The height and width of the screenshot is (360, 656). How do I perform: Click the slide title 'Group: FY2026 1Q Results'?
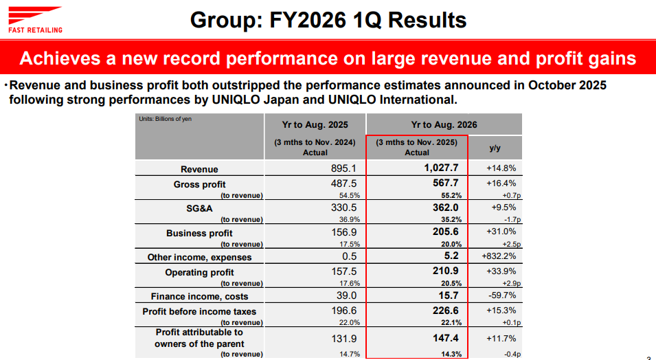[328, 21]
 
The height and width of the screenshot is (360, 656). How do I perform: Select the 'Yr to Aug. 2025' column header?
[315, 125]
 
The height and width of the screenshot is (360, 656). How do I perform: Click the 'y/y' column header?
[495, 148]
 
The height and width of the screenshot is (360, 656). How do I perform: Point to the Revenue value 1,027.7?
[440, 168]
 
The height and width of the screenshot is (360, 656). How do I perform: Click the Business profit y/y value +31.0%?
[501, 232]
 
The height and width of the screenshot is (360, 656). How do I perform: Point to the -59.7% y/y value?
[501, 296]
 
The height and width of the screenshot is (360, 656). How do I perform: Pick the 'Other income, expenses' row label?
[199, 257]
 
